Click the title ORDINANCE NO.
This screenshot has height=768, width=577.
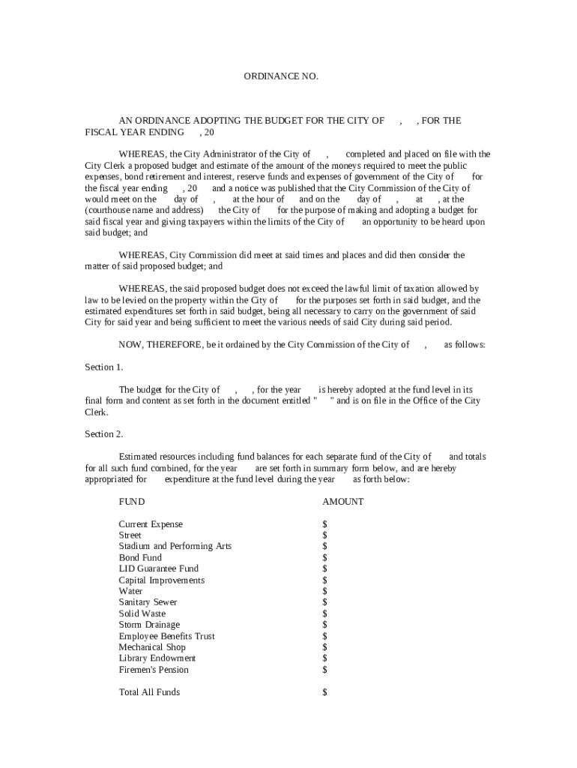281,76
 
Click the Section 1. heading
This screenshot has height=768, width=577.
104,367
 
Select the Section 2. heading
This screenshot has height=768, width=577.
104,434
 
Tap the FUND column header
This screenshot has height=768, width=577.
132,502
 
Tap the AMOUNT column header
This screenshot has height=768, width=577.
342,502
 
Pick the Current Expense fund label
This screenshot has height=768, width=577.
151,524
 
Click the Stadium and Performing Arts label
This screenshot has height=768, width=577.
175,546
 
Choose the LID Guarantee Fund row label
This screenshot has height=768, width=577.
159,568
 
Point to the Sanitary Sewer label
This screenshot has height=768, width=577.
148,602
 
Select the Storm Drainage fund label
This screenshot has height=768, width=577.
149,625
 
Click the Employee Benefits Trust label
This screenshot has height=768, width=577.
166,636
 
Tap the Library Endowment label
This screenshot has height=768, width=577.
157,658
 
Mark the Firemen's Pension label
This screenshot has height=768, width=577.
154,670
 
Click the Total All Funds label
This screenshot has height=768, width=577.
149,692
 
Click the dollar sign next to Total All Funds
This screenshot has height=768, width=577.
324,692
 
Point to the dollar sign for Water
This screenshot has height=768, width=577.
324,591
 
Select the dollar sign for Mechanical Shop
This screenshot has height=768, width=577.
324,647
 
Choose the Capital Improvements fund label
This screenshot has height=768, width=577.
161,580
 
